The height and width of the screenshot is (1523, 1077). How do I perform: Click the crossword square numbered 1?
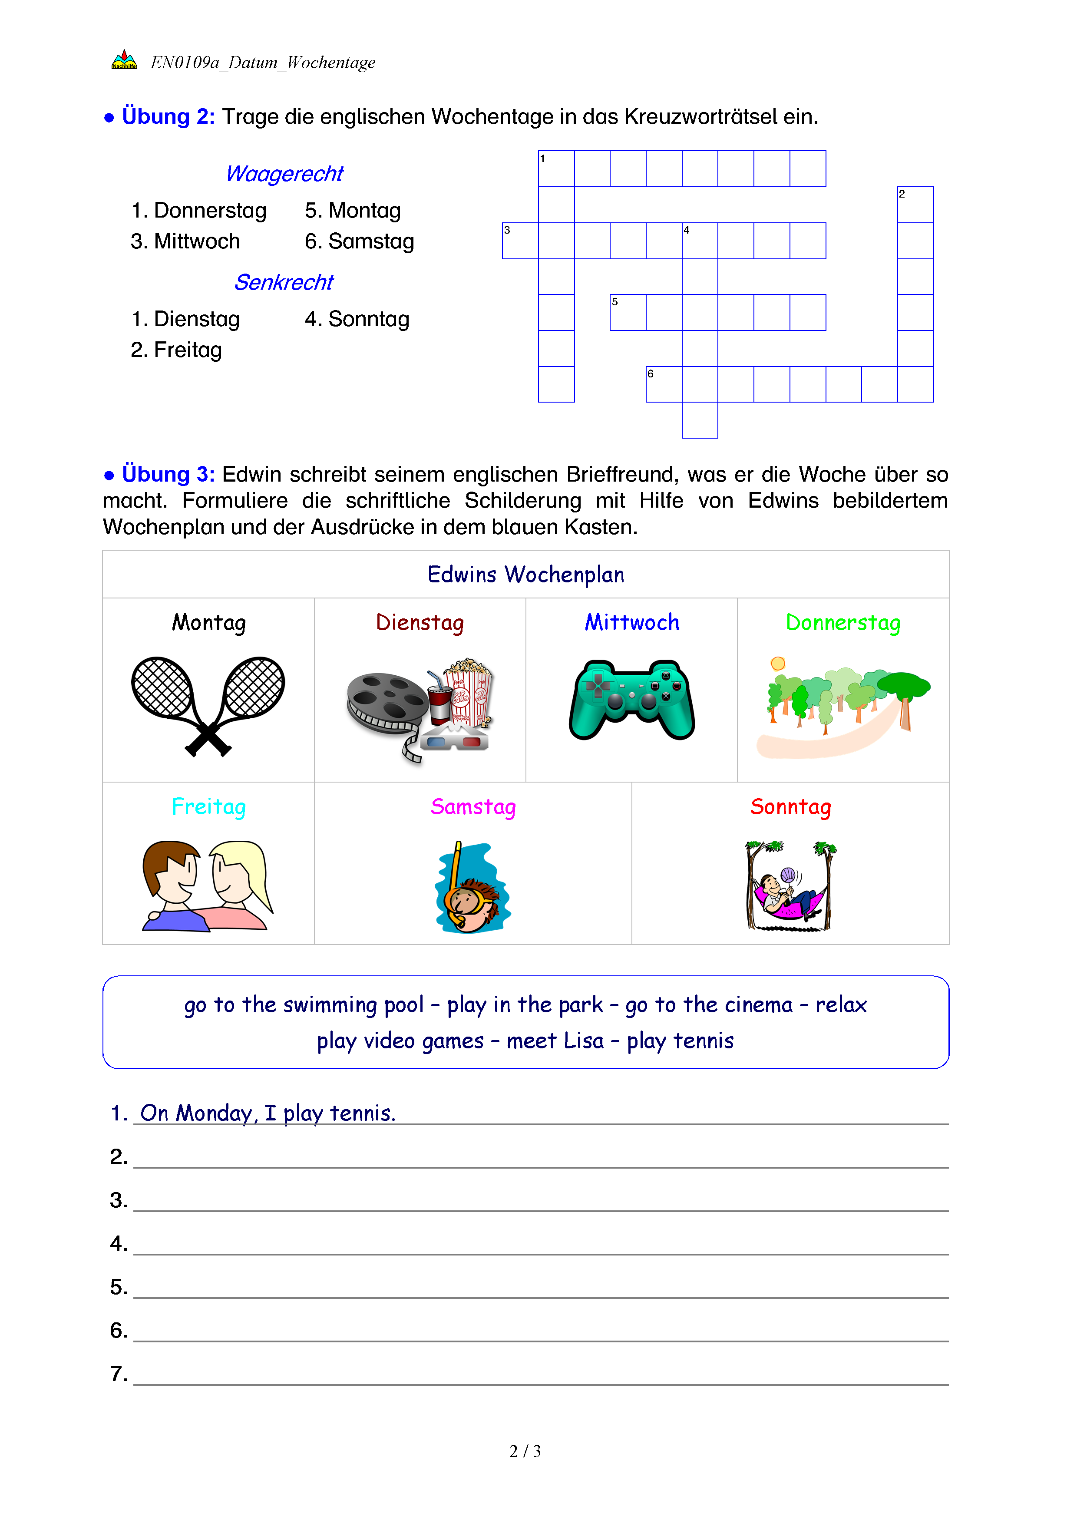(x=556, y=168)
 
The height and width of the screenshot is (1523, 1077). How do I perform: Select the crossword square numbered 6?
(x=664, y=384)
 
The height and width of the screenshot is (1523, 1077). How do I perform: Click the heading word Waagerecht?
(x=284, y=174)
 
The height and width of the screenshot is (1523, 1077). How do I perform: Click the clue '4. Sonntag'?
(x=357, y=319)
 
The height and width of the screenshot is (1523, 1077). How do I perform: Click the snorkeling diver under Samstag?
(x=472, y=889)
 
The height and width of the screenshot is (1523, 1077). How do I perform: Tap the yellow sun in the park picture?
(x=778, y=663)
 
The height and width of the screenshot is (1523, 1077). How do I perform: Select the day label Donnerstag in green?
(x=843, y=623)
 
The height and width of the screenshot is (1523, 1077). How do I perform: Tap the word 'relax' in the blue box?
(x=841, y=1005)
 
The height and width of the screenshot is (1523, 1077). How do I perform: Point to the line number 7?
(x=119, y=1374)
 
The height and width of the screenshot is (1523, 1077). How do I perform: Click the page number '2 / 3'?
(x=525, y=1451)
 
